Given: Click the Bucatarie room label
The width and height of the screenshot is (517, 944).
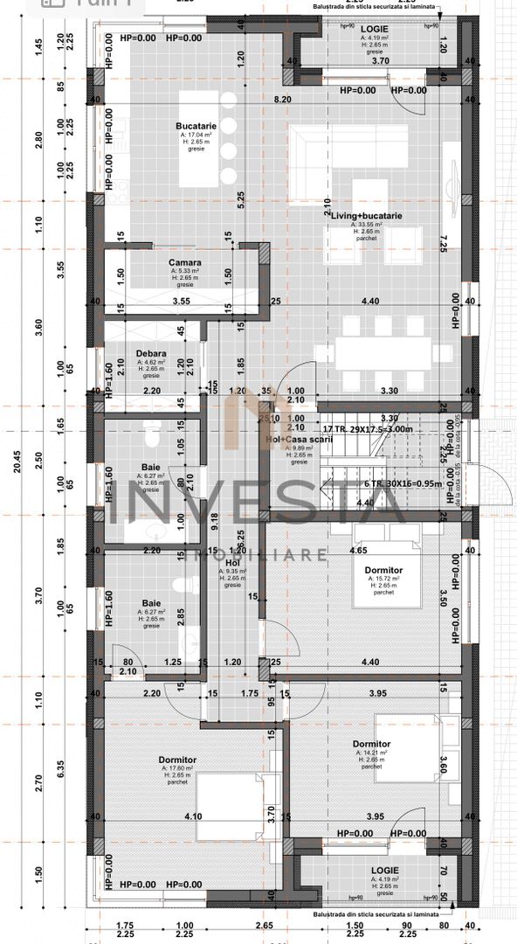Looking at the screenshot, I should click(190, 127).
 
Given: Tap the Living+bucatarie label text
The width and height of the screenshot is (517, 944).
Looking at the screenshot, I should click(367, 215).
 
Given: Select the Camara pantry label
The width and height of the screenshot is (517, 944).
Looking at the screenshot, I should click(185, 262).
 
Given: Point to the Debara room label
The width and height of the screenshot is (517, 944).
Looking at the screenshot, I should click(152, 354).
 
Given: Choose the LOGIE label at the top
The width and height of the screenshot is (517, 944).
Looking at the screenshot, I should click(375, 29).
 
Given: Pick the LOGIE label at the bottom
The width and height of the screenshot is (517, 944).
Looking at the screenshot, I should click(384, 871).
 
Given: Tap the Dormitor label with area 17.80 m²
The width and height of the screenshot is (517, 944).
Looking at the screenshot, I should click(177, 760).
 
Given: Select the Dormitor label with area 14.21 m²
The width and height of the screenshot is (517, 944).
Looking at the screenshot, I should click(371, 744).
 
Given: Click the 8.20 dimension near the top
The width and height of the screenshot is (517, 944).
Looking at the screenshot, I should click(282, 101).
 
